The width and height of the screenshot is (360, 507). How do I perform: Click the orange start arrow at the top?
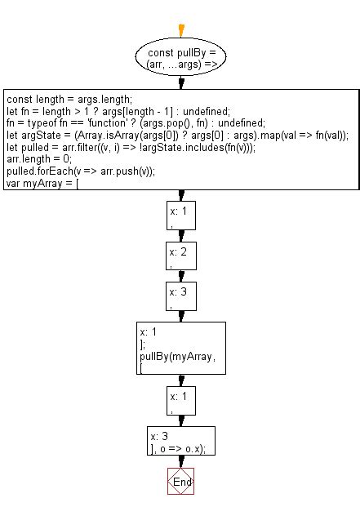pos(181,31)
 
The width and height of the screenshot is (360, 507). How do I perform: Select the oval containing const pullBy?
pos(181,57)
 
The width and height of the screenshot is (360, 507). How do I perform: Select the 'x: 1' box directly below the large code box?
pos(180,215)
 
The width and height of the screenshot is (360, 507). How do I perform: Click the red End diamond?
pos(181,482)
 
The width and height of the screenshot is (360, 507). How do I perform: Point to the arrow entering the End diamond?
pos(181,465)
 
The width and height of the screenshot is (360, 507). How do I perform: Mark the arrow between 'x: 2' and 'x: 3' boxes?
pos(181,276)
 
